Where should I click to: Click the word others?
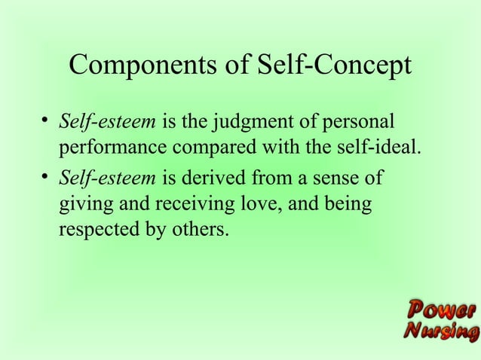[x=199, y=228]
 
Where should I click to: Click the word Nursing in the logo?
[x=440, y=331]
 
